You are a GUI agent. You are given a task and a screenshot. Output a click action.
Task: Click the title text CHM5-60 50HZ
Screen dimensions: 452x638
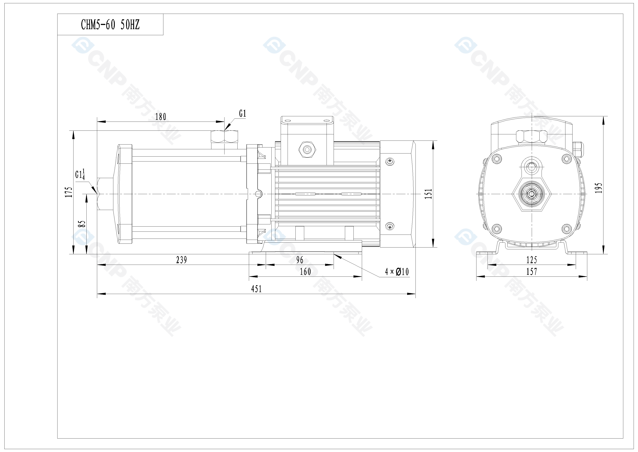click(110, 25)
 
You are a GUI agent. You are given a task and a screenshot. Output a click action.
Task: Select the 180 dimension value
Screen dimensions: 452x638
click(161, 117)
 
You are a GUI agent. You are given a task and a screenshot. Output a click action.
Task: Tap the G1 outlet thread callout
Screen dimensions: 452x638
click(242, 114)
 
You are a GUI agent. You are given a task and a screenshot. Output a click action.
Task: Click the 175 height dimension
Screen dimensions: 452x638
click(69, 192)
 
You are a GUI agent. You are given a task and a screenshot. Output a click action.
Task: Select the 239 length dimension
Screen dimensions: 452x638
click(181, 260)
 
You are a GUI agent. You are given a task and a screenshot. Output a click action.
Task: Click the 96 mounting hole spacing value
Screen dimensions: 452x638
click(300, 260)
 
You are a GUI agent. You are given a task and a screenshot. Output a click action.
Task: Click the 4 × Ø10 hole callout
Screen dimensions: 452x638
click(397, 272)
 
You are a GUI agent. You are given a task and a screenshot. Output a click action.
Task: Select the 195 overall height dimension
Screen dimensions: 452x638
click(599, 188)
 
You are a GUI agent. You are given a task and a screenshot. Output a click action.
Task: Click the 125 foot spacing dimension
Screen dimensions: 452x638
click(532, 260)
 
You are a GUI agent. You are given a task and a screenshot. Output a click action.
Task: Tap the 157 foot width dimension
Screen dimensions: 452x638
click(532, 272)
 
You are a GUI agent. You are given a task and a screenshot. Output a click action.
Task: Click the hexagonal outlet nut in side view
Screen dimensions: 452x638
click(224, 136)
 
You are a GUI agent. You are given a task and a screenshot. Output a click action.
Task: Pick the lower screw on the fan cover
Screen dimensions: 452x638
click(390, 227)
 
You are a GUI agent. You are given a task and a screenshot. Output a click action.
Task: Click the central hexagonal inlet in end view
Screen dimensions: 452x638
click(532, 194)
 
